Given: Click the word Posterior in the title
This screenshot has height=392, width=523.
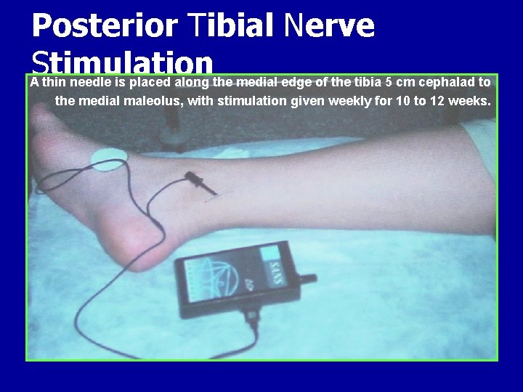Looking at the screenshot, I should click(105, 26).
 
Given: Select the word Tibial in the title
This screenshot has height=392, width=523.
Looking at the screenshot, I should click(231, 26).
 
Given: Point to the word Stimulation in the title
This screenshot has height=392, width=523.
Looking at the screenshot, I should click(122, 61).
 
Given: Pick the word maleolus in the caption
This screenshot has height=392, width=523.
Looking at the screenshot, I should click(155, 100).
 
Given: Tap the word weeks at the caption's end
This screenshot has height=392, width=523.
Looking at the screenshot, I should click(469, 100).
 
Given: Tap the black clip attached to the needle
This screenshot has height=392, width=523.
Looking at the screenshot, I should click(199, 181).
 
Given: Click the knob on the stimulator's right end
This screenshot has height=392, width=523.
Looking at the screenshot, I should click(311, 279).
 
